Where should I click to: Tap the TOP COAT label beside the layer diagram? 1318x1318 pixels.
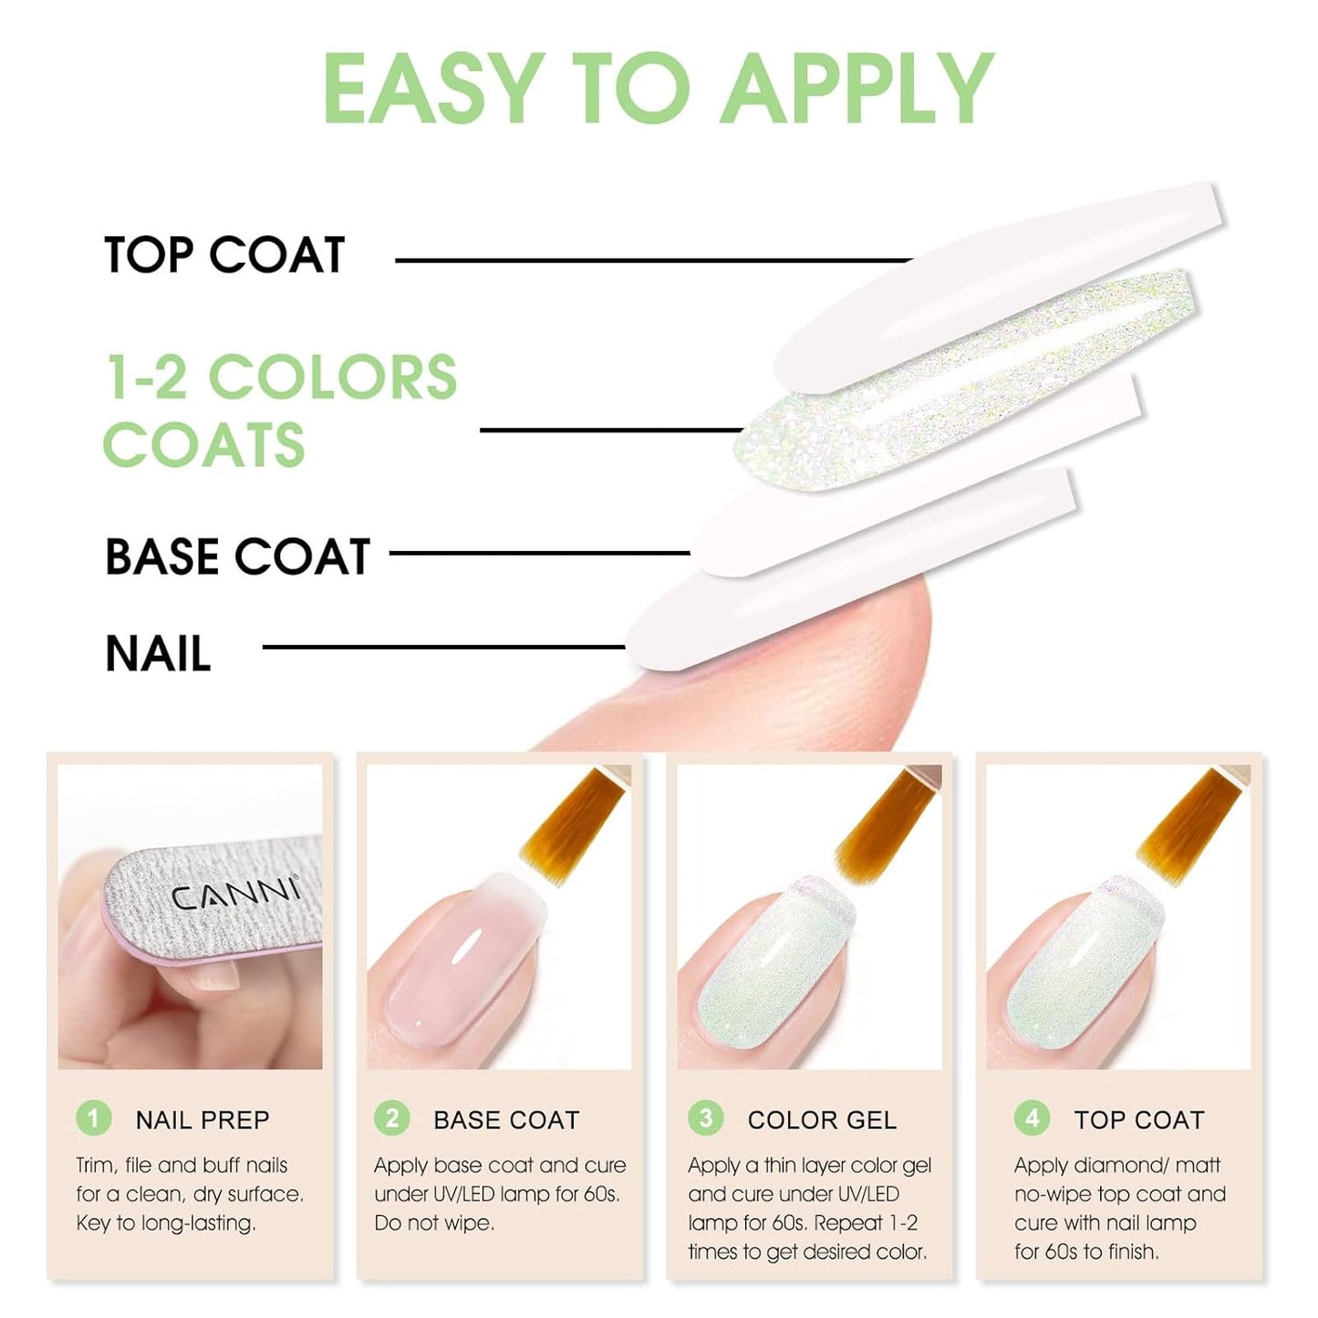224,254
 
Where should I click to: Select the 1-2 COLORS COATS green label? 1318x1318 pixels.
279,410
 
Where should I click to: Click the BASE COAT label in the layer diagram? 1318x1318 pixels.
237,556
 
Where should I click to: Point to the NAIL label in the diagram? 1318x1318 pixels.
158,654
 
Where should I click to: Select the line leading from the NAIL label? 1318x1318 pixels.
442,648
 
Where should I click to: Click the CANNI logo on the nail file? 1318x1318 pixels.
235,894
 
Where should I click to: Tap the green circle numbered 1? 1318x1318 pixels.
93,1118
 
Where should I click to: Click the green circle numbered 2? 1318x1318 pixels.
392,1118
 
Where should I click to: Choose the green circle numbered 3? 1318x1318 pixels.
705,1118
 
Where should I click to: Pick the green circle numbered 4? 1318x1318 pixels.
1032,1118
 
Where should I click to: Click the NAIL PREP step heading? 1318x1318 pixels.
202,1120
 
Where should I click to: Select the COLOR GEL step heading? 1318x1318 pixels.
822,1120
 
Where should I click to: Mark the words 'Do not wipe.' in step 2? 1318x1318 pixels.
434,1223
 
